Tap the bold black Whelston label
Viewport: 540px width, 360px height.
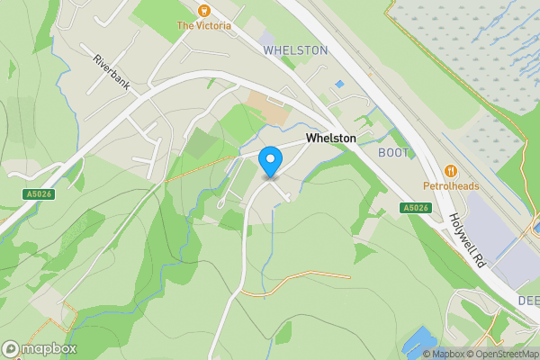[330, 138]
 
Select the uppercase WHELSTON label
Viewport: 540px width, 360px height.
[295, 51]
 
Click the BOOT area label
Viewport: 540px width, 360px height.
[392, 153]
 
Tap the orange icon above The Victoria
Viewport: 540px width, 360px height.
[203, 10]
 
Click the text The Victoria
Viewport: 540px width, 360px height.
[203, 26]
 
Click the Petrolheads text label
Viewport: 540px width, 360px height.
[451, 187]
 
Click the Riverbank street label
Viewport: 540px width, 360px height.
[112, 73]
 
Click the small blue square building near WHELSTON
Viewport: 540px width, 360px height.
[338, 85]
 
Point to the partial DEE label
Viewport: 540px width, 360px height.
[527, 301]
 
